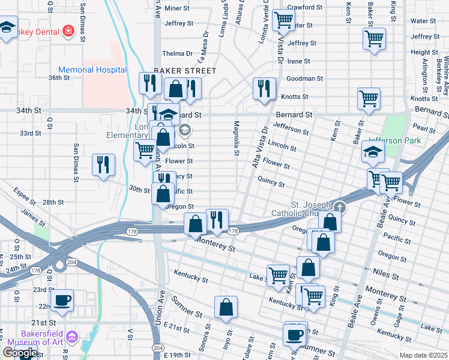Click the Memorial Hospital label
tap(92, 70)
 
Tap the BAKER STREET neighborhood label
tap(184, 71)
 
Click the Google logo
tap(20, 353)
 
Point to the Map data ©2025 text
tap(423, 355)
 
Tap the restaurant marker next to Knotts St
tap(264, 89)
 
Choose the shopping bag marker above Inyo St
tap(226, 308)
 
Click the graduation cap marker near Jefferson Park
tap(373, 154)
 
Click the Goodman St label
tap(305, 79)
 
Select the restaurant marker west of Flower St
tap(103, 165)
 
